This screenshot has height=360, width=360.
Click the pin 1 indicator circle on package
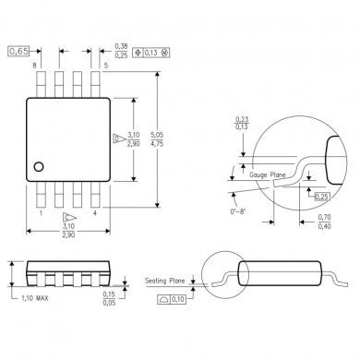coord(40,166)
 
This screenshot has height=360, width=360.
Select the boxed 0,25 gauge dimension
coord(321,198)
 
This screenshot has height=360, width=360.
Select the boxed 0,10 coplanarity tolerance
coord(173,299)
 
